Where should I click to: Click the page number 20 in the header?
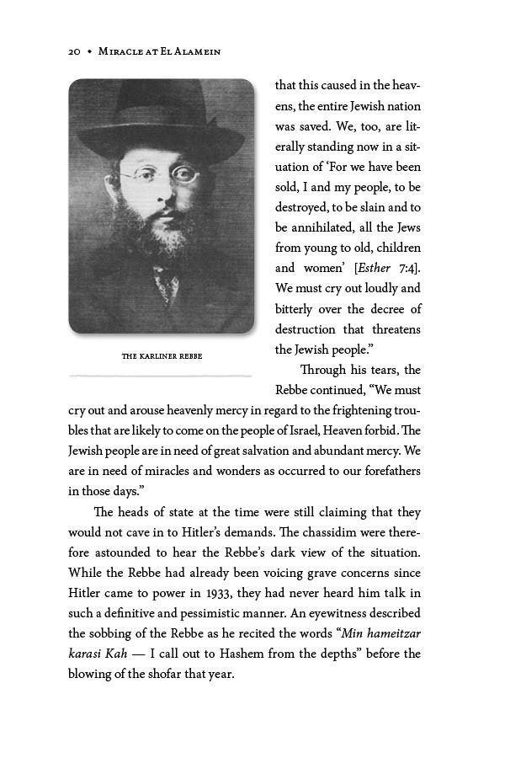[x=73, y=51]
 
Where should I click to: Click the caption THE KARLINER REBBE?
[x=162, y=356]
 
